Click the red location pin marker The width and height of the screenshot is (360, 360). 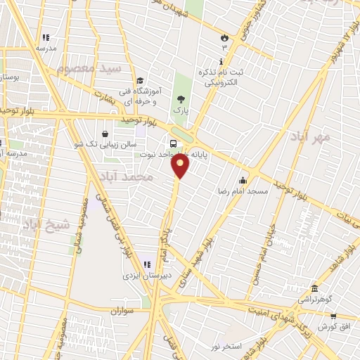tap(181, 166)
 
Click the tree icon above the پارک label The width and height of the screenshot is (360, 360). tap(181, 99)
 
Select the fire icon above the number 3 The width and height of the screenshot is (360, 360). tap(224, 37)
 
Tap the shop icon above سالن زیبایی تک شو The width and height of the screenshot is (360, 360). tap(105, 134)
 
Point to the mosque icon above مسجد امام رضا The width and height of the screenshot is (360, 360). tap(243, 181)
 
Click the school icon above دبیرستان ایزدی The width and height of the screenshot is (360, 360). tap(147, 264)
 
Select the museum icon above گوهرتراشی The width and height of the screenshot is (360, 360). tap(313, 288)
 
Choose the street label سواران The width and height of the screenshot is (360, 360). tap(122, 309)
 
